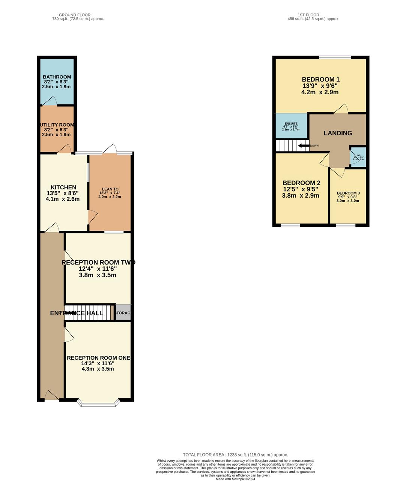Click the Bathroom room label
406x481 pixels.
pos(57,77)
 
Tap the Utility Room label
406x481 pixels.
pos(57,125)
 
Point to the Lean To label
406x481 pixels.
pos(110,189)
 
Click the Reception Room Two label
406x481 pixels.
pos(98,262)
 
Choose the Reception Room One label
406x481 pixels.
pos(98,358)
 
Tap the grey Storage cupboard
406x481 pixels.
pos(123,313)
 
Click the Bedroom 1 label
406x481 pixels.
pos(320,79)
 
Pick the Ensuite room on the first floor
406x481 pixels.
pos(291,126)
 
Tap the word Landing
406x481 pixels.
pos(338,133)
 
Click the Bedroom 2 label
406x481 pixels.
pos(301,183)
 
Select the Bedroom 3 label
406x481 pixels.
pos(348,193)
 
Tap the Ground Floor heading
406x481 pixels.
pos(74,15)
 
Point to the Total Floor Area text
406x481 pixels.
pos(235,455)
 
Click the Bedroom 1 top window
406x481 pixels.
pos(335,57)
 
